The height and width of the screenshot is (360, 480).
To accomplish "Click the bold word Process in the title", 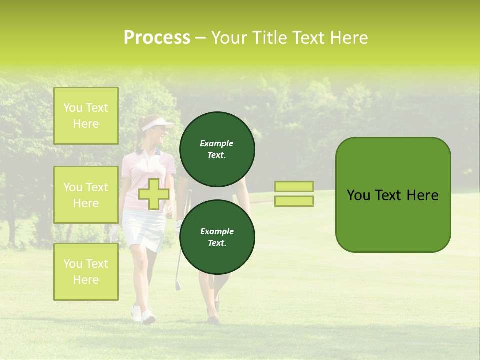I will point(157,38).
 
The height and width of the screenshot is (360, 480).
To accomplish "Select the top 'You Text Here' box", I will point(86,116).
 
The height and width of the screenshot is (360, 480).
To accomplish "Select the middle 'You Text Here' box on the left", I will point(86,195).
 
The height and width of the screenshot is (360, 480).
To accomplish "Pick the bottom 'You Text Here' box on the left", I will point(86,271).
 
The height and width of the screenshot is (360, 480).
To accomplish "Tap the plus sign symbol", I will point(153,194).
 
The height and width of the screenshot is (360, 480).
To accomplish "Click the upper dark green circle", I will point(217,149).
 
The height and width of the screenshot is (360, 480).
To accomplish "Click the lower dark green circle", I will point(217,237).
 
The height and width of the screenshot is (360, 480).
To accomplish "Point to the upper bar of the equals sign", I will point(294,186).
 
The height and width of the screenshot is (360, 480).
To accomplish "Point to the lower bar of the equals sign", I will point(294,201).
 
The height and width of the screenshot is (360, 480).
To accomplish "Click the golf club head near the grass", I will point(178,286).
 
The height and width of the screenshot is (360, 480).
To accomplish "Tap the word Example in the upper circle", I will point(217,143).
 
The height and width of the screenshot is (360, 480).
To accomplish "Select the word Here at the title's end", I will point(350,38).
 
